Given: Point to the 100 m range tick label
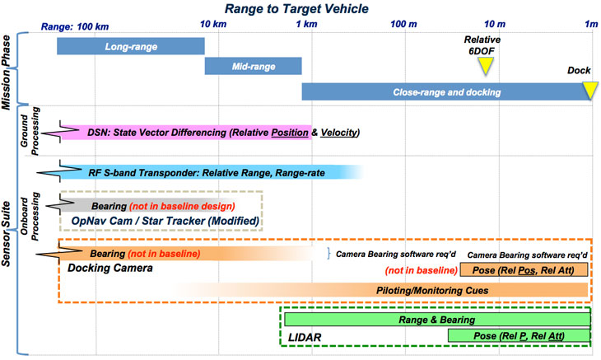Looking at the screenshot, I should pos(404,26).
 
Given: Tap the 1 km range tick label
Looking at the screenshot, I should pos(305,26).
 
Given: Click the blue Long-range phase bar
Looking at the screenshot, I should pos(130,47).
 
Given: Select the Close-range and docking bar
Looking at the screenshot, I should pos(447,91).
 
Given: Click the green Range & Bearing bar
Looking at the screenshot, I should pos(436,318).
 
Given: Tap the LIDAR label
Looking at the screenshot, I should pos(305,337).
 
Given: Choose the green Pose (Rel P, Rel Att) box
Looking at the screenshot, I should pos(519,335).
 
